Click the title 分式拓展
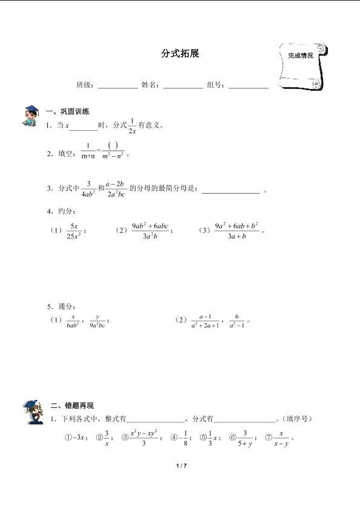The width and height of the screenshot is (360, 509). coord(180,54)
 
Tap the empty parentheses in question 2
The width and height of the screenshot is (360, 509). coord(113,146)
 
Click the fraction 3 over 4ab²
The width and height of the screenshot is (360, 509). coord(88,189)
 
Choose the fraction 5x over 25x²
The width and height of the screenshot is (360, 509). coord(74,231)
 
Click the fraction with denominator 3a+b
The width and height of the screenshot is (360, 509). coord(237,231)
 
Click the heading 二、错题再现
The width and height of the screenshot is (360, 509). coord(72,406)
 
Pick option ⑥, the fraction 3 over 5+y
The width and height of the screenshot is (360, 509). coord(244,438)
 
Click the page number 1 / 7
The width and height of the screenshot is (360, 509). coord(180,465)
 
